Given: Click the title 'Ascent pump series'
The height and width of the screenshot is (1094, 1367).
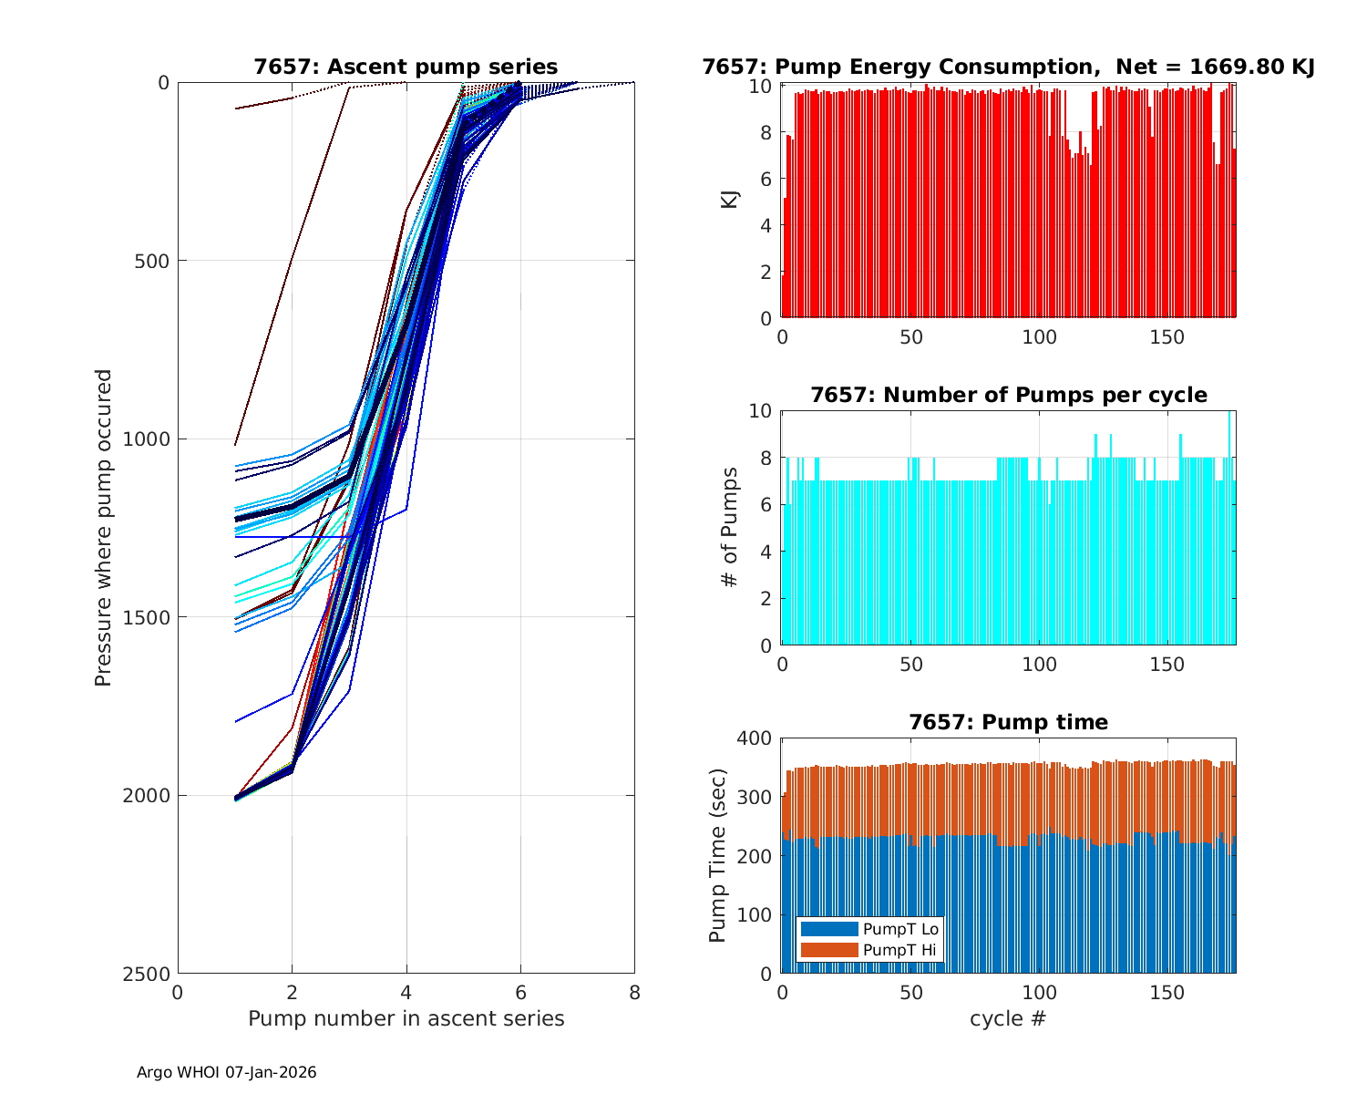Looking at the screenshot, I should click(x=406, y=67).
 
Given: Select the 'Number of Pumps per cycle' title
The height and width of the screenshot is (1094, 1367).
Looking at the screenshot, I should click(x=1008, y=395).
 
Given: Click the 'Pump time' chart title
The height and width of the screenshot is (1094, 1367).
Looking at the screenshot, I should click(x=1008, y=722).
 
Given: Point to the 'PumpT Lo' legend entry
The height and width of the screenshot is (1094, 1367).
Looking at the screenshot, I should click(x=899, y=929).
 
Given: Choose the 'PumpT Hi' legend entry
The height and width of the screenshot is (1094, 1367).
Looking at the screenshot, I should click(x=899, y=950).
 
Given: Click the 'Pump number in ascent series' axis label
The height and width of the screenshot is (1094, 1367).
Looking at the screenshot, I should click(x=406, y=1018).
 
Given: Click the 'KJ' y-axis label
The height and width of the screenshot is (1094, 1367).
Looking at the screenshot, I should click(x=729, y=200).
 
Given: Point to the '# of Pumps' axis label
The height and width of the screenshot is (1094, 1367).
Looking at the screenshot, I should click(x=729, y=527).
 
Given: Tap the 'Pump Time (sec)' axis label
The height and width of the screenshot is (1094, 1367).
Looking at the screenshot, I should click(x=718, y=856).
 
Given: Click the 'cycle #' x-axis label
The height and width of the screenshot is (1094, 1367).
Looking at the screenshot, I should click(x=1008, y=1018).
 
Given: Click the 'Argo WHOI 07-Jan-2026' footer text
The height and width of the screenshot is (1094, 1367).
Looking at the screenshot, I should click(x=226, y=1072).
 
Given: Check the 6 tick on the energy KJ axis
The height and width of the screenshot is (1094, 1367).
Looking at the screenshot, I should click(x=766, y=179).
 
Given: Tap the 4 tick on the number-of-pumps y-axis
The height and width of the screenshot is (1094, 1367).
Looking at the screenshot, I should click(x=766, y=552).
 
